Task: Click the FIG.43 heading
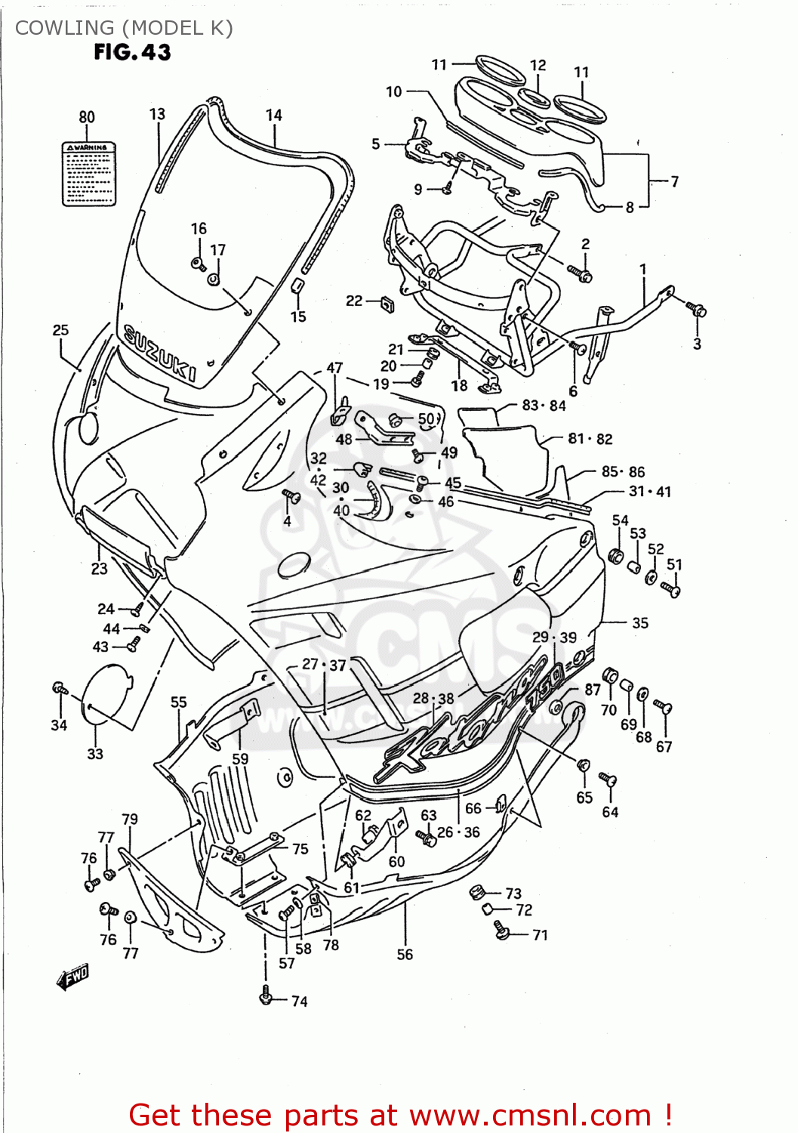132,52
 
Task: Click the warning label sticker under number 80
88,174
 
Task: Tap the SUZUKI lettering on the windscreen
159,353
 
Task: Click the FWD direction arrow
72,977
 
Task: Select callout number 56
405,955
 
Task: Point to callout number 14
273,116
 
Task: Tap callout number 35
639,623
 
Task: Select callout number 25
60,330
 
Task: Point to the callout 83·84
544,406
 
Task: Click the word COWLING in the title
64,28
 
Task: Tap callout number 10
393,92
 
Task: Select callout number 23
99,569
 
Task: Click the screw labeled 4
291,496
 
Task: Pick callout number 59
240,758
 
